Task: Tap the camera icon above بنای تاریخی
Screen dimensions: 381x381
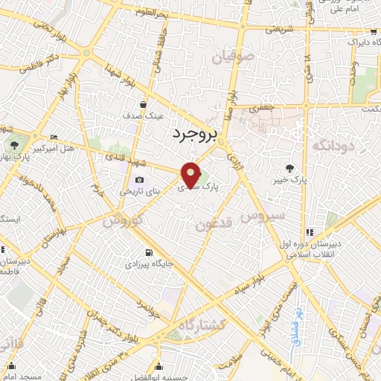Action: (x=139, y=179)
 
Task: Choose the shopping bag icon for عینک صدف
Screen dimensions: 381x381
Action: (x=141, y=104)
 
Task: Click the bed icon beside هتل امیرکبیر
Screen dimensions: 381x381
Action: (x=53, y=138)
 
